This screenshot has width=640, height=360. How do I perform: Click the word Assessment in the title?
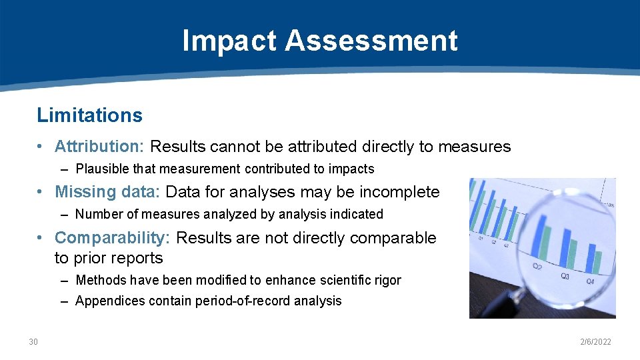pos(371,41)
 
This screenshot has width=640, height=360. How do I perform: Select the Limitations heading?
pos(89,115)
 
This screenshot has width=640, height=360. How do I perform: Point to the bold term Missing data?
pos(107,192)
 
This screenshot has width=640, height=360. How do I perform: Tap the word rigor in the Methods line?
pos(387,281)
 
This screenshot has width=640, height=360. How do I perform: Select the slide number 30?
pos(33,342)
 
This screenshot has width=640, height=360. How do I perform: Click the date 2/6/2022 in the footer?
pos(595,342)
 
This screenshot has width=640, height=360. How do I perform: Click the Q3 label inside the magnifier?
pos(565,275)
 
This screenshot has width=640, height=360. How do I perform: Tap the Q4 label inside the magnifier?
pos(590,281)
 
